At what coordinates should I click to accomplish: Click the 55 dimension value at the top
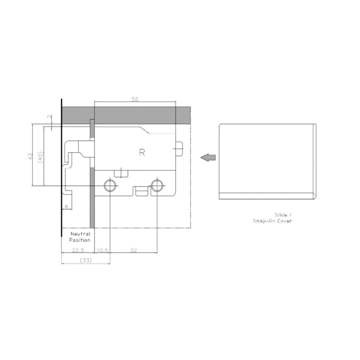(135, 99)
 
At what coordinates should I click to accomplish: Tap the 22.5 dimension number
(78, 250)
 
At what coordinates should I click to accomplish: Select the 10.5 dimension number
(102, 250)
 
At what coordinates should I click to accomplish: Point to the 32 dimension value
(133, 250)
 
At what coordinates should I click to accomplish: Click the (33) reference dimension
(86, 260)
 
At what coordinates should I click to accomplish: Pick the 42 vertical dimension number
(30, 156)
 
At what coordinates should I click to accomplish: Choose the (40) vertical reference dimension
(40, 157)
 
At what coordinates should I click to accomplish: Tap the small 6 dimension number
(66, 207)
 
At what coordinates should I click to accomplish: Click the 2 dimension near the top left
(50, 117)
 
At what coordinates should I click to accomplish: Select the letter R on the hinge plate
(142, 152)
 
